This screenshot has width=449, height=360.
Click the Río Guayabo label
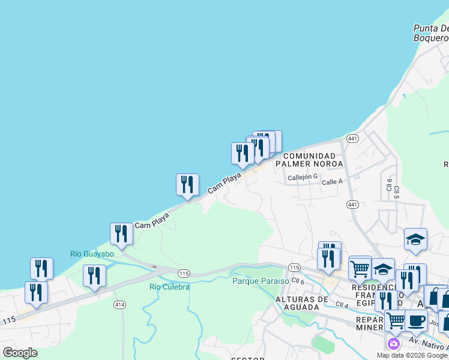tap(92, 254)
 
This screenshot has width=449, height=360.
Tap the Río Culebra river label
tap(169, 287)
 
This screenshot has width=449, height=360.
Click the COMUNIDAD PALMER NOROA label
tap(309, 160)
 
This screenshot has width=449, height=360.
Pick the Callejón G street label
tap(302, 178)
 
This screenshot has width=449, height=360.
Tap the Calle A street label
tap(331, 182)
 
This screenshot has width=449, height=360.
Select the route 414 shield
tap(119, 305)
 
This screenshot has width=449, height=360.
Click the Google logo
tap(20, 353)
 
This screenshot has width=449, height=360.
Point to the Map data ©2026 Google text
tap(412, 355)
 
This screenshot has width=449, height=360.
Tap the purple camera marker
tap(394, 343)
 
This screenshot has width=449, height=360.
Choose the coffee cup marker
tap(415, 320)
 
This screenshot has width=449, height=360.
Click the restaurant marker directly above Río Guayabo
tap(121, 233)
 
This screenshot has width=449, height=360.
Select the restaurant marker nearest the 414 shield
tap(94, 275)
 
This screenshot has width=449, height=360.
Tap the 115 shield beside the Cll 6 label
tap(294, 267)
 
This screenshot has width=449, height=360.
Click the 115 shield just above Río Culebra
tap(184, 274)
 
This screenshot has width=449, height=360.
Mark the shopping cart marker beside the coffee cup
tap(396, 321)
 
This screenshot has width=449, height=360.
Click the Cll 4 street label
tap(343, 305)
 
